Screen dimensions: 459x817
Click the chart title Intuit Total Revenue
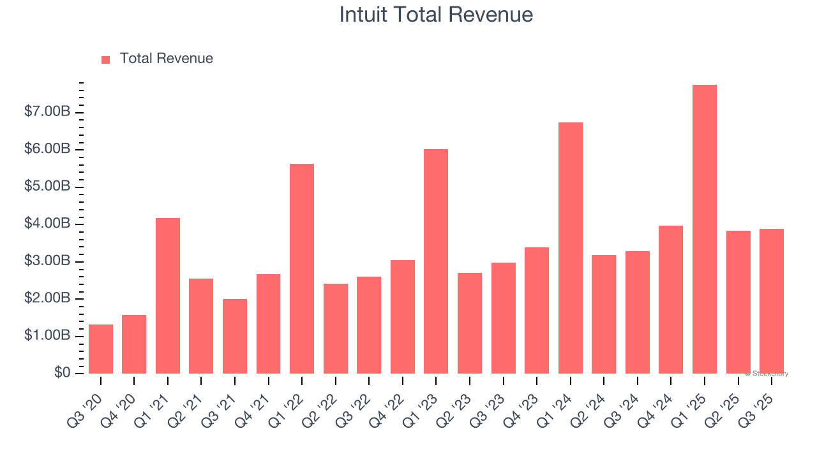pos(436,15)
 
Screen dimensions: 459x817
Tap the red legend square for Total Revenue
pos(106,59)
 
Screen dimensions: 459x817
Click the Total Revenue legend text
pos(166,59)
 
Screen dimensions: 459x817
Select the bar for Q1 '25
pos(704,229)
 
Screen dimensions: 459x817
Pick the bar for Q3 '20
pos(101,349)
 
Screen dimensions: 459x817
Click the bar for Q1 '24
pos(570,248)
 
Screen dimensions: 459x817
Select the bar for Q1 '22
pos(302,268)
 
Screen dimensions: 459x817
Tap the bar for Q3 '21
pos(235,336)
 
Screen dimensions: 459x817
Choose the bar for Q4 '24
pos(671,300)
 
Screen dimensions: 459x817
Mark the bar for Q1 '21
pos(168,296)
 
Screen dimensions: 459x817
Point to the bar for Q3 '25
pos(771,301)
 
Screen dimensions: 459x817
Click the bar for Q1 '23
pos(436,261)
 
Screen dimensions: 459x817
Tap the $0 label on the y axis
pos(61,372)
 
